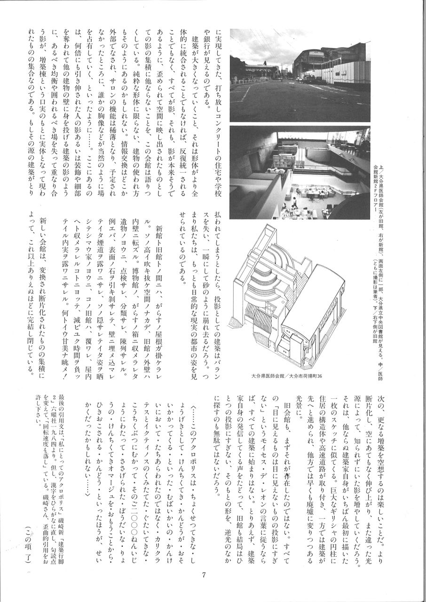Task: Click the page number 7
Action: (x=204, y=575)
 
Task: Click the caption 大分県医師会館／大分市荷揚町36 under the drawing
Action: (x=286, y=376)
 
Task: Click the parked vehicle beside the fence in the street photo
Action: (x=308, y=80)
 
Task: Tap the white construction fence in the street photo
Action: (x=343, y=73)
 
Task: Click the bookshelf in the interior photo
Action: (x=287, y=153)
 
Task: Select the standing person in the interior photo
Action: (x=294, y=201)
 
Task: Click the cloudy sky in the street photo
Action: (x=263, y=45)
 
